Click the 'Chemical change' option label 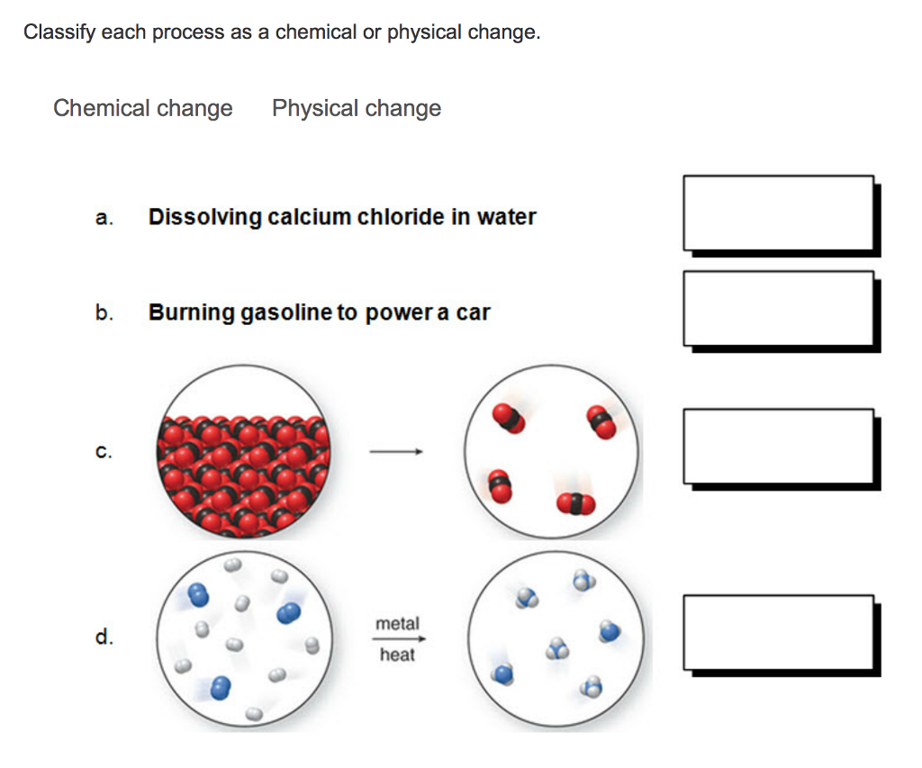coord(143,109)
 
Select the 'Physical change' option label coord(357,109)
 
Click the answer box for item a coord(778,212)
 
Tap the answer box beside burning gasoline coord(778,308)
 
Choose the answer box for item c coord(778,447)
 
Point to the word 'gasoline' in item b coord(287,313)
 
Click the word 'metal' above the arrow coord(397,623)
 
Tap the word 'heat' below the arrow coord(397,655)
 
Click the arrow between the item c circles coord(396,453)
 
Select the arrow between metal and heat coord(397,639)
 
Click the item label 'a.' coord(104,218)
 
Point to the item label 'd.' coord(104,638)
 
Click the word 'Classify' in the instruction coord(59,33)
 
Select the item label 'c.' coord(104,453)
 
